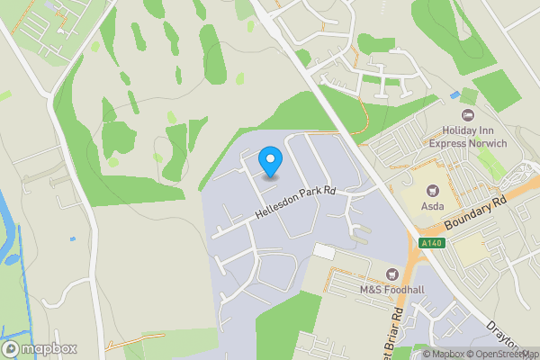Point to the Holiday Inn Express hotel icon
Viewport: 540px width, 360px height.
(467, 115)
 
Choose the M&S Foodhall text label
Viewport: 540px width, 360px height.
(391, 290)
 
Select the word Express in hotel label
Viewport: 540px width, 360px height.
(449, 142)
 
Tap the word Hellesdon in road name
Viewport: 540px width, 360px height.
(275, 208)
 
